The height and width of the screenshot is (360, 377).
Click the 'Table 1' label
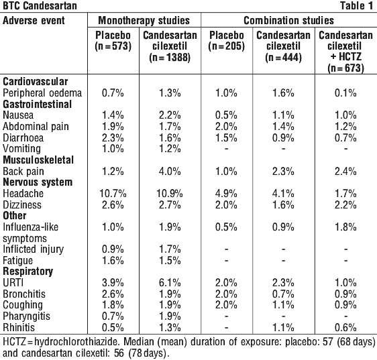(357, 6)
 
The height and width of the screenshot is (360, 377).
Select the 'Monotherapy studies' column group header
(144, 20)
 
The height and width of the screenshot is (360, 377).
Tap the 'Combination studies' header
(288, 20)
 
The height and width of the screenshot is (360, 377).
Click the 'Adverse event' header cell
(34, 20)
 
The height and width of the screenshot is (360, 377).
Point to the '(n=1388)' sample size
(170, 58)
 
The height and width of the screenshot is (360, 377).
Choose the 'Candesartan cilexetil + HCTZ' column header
(345, 52)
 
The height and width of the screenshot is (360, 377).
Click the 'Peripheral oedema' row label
(42, 93)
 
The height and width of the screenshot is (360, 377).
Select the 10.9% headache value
(170, 194)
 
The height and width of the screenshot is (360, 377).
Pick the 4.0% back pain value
(170, 172)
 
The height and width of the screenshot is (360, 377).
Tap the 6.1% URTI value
(170, 283)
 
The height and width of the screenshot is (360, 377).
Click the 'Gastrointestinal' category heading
(38, 105)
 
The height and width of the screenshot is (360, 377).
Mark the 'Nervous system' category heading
(38, 182)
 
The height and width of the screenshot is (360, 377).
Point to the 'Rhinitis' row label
(19, 327)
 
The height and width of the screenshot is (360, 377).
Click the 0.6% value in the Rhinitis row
(345, 327)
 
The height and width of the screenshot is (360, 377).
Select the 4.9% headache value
(226, 194)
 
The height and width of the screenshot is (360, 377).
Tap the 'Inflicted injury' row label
(33, 249)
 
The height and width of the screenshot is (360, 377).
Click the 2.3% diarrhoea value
(113, 138)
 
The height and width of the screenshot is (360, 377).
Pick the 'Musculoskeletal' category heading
(38, 160)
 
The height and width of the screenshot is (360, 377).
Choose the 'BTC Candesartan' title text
(40, 6)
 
